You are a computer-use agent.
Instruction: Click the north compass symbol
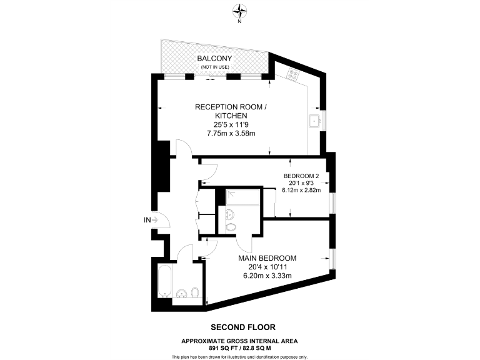(239, 10)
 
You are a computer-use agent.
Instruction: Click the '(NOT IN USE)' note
(214, 67)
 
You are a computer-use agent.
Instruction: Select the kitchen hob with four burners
(293, 74)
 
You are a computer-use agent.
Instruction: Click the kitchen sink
(314, 120)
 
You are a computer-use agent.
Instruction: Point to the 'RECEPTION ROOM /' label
(231, 107)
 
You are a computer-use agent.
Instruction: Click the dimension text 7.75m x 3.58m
(231, 134)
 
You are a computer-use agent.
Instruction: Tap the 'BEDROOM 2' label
(301, 176)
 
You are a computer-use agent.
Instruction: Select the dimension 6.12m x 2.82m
(301, 191)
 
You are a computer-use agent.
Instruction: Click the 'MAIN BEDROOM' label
(267, 257)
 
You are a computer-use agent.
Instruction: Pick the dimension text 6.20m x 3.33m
(267, 275)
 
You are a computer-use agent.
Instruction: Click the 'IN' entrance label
(147, 219)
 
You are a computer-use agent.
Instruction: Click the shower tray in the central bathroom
(240, 197)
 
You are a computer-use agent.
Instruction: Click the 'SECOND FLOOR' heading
(242, 327)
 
